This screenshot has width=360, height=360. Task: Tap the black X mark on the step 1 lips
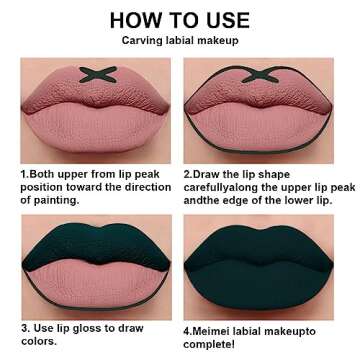coord(97,73)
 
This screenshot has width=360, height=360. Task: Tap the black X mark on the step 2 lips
coord(264,73)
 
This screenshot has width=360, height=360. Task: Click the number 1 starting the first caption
coord(22,172)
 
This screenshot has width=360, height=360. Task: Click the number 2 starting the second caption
coord(188,172)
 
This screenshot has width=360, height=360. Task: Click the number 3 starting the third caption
coord(22,327)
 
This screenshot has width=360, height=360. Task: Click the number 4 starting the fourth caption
coord(187,327)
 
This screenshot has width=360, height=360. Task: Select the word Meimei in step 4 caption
coord(215,327)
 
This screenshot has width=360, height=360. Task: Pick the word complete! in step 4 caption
coord(214,341)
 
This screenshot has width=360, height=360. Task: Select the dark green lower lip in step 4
coord(264,285)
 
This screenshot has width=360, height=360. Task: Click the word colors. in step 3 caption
coord(39,341)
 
